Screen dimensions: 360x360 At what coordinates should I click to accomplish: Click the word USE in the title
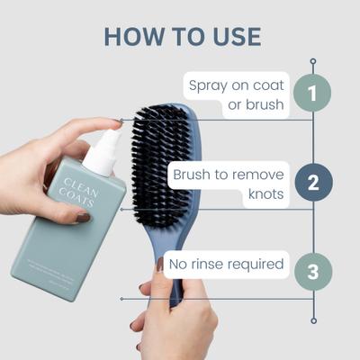point(232,37)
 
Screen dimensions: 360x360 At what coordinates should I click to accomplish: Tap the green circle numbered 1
point(312,93)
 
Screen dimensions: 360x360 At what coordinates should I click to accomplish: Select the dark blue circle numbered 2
point(313,183)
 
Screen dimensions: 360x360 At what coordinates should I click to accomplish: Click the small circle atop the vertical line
point(313,61)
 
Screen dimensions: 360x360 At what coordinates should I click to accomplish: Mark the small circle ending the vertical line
point(313,319)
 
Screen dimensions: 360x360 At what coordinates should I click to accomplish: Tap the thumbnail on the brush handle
point(159,265)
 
